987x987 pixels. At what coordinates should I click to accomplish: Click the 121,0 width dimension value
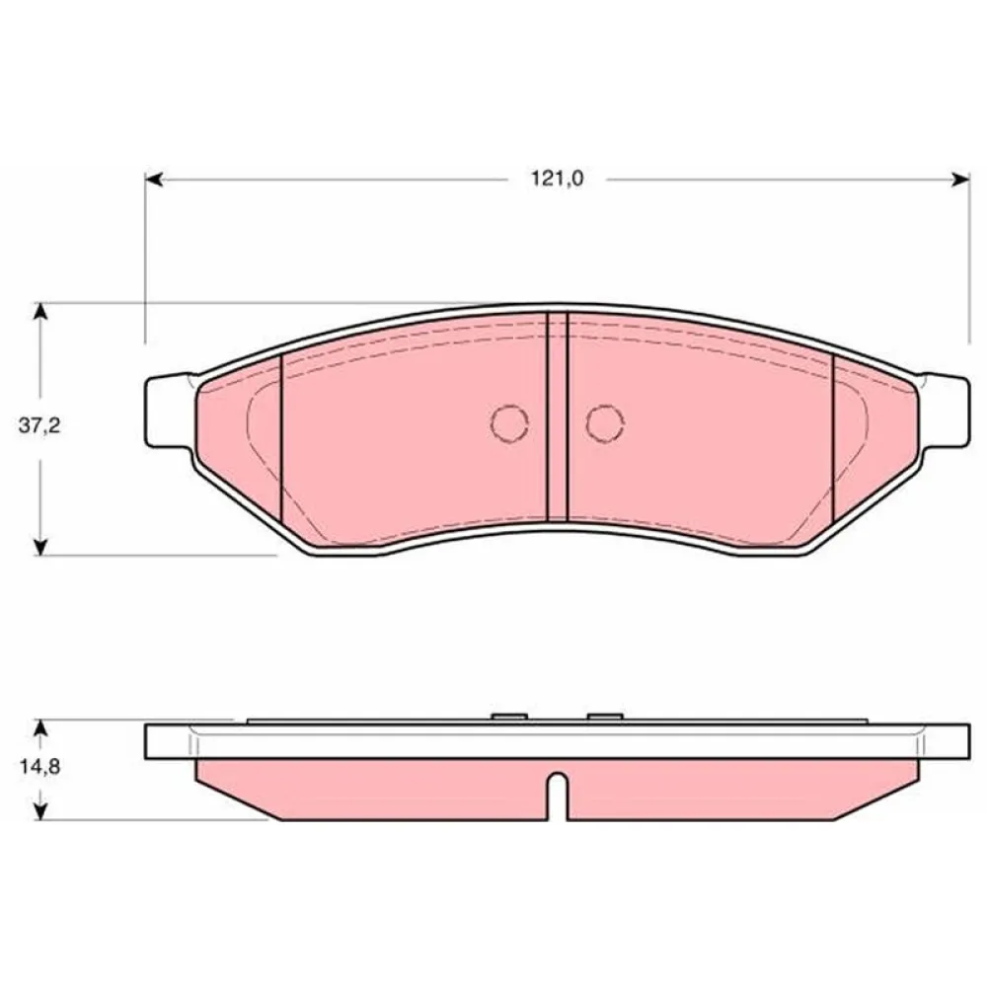tap(558, 180)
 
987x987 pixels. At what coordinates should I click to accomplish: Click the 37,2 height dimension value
tap(39, 426)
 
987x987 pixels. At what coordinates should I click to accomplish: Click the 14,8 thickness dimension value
tap(39, 767)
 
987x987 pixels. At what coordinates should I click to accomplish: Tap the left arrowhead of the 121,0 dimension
tap(154, 180)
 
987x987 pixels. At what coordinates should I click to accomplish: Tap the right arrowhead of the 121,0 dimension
tap(960, 180)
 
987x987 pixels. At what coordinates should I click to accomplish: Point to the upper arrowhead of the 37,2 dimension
tap(40, 312)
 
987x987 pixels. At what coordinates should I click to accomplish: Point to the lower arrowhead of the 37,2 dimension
tap(40, 546)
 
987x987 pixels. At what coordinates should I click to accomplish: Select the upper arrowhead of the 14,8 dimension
tap(40, 728)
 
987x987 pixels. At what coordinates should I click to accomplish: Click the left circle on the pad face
tap(509, 423)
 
